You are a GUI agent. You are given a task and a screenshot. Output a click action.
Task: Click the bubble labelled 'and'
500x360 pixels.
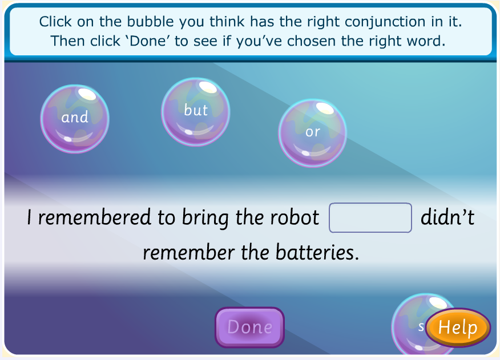pos(75,119)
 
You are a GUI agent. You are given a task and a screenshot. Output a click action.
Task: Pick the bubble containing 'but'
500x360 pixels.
pos(195,112)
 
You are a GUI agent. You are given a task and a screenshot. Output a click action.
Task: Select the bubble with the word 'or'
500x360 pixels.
pos(313,133)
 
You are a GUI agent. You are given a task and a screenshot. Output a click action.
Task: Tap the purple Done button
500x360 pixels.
pos(249,327)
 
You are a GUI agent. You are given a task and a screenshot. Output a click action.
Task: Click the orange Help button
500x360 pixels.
pos(458,327)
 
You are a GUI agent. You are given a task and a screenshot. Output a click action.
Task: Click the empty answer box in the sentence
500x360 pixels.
pos(370,217)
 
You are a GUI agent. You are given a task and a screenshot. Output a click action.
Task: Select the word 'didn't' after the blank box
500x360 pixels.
pos(447,217)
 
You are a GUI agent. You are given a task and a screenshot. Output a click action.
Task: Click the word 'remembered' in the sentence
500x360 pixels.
pos(94,217)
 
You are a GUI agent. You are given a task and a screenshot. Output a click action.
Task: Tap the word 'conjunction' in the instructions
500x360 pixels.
pos(385,22)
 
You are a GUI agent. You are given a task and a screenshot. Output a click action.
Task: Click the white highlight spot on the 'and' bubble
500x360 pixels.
pos(87,94)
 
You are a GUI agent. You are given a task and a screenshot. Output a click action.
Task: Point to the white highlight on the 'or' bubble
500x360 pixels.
pos(325,108)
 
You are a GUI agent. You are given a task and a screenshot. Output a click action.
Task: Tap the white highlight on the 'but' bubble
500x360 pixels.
pos(208,87)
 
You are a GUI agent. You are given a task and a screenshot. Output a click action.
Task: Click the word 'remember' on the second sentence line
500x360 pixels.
pos(188,252)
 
